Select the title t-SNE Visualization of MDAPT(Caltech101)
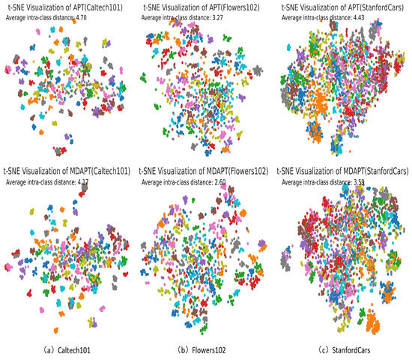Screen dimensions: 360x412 tap(67, 172)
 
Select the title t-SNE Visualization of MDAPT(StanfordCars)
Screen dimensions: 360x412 tap(344, 172)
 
